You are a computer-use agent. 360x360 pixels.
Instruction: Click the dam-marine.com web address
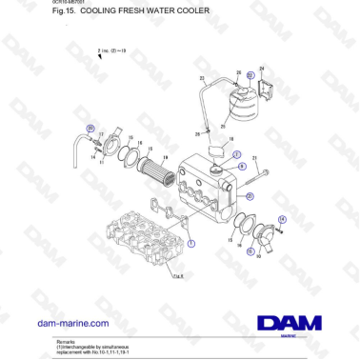pyautogui.click(x=75, y=324)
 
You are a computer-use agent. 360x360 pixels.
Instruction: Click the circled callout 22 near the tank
pyautogui.click(x=250, y=74)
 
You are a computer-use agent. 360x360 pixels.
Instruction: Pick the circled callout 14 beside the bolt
pyautogui.click(x=282, y=219)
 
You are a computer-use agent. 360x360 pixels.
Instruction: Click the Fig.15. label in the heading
pyautogui.click(x=64, y=12)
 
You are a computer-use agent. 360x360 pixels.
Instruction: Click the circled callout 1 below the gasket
pyautogui.click(x=191, y=243)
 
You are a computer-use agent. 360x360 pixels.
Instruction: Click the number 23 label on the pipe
pyautogui.click(x=202, y=77)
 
